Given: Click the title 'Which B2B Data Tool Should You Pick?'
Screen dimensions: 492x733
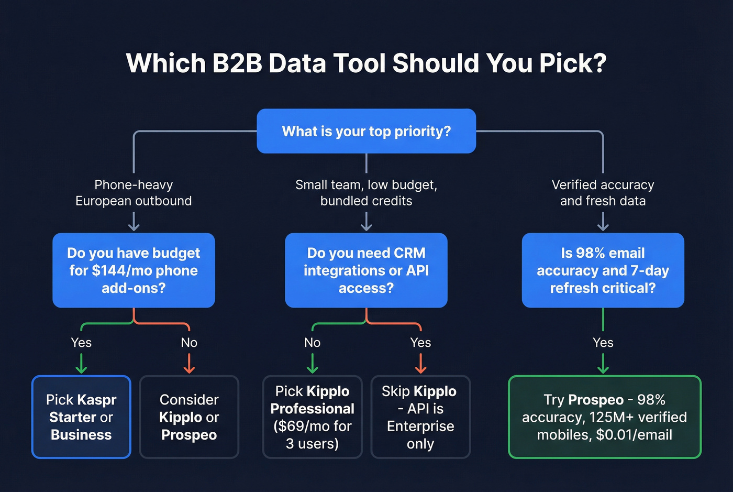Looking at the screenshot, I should [x=366, y=63].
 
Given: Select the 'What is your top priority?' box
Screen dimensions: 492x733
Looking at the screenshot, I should [x=366, y=131].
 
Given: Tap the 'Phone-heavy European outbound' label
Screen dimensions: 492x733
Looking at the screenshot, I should [x=134, y=193].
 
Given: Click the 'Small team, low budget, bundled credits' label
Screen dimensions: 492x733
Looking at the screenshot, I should [x=366, y=193].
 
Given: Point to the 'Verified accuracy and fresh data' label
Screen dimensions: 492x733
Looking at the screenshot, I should [x=603, y=193].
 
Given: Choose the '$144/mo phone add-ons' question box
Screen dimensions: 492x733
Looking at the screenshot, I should [x=134, y=270].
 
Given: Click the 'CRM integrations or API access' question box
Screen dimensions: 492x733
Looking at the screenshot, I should [x=366, y=270].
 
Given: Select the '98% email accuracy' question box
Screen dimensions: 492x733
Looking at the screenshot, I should [x=603, y=270].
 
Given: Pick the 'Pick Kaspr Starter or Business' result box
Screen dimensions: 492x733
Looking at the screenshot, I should [x=81, y=417].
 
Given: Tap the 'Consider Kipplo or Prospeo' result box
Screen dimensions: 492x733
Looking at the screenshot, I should [x=189, y=417].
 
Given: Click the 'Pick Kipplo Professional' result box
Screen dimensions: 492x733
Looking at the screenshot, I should [x=313, y=417].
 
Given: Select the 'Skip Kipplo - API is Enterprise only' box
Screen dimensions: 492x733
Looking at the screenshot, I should [x=420, y=417].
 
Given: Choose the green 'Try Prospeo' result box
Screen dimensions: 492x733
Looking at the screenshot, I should [x=605, y=417].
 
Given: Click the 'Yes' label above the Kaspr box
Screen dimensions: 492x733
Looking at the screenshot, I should [x=81, y=343].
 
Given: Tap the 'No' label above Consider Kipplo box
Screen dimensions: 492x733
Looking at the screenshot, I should [x=189, y=343].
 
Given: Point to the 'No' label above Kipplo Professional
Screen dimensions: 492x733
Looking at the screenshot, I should [x=313, y=343].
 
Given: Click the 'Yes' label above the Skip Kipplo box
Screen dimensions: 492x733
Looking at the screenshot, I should [x=420, y=343].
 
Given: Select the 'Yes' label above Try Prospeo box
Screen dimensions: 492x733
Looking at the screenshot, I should [x=603, y=343].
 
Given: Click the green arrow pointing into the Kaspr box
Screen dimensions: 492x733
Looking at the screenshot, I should [x=81, y=364].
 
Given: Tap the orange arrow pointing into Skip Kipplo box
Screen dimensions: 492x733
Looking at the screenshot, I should [x=420, y=364].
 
